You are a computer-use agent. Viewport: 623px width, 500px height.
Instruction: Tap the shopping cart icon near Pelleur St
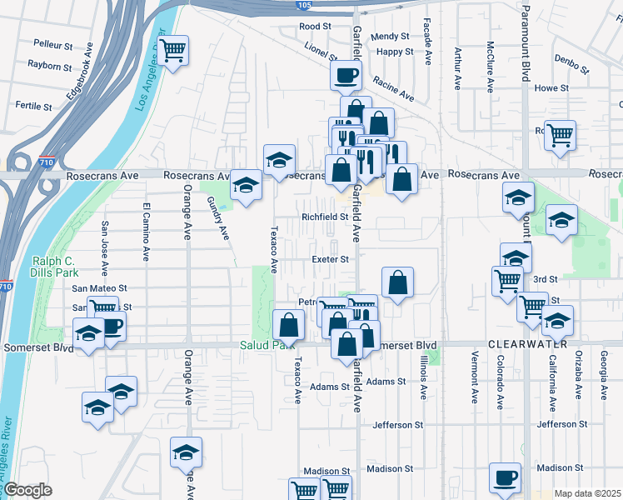click(x=173, y=52)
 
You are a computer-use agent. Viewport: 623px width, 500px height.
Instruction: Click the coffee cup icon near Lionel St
click(x=346, y=76)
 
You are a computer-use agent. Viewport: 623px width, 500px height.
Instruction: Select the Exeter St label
click(x=329, y=259)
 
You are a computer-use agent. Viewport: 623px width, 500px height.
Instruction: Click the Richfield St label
click(x=324, y=217)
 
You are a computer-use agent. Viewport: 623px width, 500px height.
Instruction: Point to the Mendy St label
click(x=391, y=37)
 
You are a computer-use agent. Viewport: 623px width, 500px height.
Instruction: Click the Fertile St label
click(x=33, y=107)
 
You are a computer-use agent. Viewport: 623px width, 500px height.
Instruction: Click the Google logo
click(x=27, y=490)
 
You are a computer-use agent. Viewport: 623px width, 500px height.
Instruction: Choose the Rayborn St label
click(x=49, y=64)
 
